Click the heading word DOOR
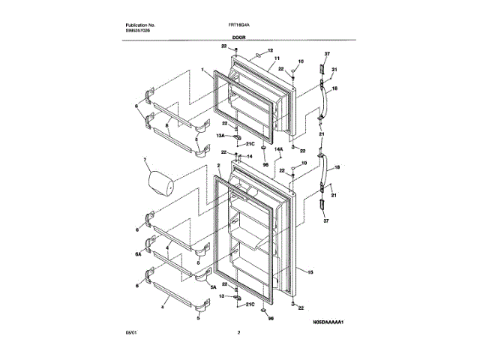tap(239, 36)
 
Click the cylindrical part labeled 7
tap(158, 181)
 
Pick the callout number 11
tap(277, 58)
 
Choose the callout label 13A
tap(220, 136)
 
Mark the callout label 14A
tap(277, 150)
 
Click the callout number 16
tap(335, 88)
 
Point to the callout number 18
tap(337, 169)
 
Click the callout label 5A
tap(213, 286)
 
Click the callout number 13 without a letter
tap(221, 296)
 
